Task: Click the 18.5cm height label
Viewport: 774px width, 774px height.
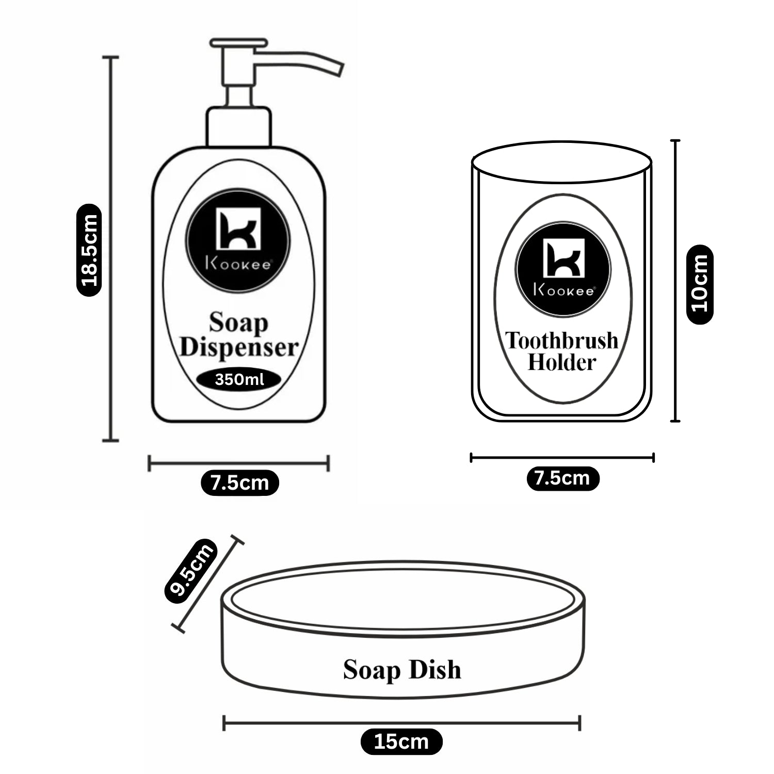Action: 89,250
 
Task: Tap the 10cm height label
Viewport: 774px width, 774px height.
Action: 700,284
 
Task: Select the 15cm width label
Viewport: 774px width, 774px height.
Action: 401,741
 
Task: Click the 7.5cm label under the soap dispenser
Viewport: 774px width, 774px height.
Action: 240,483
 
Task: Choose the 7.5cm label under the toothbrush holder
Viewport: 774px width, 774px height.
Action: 562,478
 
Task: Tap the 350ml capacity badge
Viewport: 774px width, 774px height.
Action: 239,380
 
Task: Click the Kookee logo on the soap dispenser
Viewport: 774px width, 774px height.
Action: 238,240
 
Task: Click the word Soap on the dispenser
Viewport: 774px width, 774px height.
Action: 238,324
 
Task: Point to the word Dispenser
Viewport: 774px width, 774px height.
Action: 239,347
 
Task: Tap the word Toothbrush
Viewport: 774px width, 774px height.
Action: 562,341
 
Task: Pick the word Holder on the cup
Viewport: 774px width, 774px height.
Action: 561,362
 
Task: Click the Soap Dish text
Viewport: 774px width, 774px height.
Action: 402,670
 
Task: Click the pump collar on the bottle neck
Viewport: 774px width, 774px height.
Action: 238,127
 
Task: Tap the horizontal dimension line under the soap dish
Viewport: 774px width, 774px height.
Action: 401,722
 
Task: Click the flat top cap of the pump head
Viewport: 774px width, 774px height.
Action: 238,43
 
